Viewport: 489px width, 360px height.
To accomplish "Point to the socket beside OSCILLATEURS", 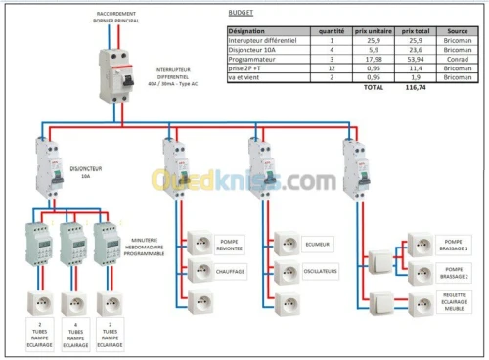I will (287, 270).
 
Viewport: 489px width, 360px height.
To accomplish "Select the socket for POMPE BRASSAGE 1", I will (421, 244).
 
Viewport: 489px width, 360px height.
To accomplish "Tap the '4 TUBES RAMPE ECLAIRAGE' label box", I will (76, 334).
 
